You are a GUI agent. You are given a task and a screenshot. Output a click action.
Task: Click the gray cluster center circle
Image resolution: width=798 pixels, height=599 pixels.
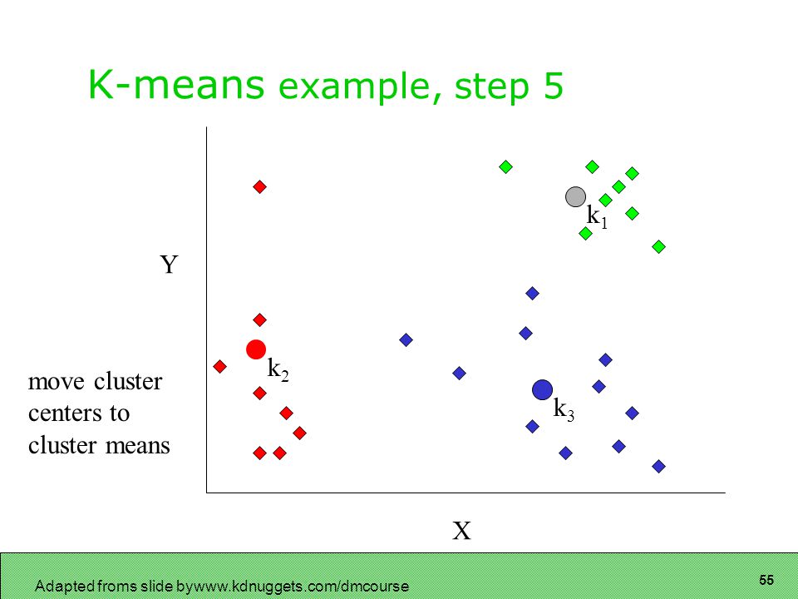pyautogui.click(x=575, y=196)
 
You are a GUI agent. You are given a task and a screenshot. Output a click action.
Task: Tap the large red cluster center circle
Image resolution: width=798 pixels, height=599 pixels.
pyautogui.click(x=256, y=349)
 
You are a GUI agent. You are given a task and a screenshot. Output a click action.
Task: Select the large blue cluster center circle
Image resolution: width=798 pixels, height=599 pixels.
pyautogui.click(x=543, y=389)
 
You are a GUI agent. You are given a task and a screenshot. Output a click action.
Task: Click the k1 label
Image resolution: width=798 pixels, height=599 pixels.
pyautogui.click(x=597, y=216)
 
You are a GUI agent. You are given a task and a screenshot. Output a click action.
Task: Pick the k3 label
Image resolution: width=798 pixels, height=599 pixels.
pyautogui.click(x=564, y=409)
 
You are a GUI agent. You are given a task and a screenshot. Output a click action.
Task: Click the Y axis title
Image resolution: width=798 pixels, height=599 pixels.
pyautogui.click(x=169, y=265)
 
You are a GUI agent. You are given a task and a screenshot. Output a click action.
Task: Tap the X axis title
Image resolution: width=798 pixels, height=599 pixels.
pyautogui.click(x=461, y=531)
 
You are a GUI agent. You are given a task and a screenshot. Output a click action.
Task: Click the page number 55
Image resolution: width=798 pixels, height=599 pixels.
pyautogui.click(x=766, y=580)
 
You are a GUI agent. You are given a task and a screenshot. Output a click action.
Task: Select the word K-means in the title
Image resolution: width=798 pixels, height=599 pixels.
pyautogui.click(x=176, y=85)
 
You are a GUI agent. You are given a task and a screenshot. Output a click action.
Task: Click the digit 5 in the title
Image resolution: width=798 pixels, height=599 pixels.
pyautogui.click(x=554, y=86)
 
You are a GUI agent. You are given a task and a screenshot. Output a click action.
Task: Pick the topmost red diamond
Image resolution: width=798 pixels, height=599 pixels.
pyautogui.click(x=259, y=187)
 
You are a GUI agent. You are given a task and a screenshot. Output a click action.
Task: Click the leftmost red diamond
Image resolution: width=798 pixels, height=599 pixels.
pyautogui.click(x=219, y=366)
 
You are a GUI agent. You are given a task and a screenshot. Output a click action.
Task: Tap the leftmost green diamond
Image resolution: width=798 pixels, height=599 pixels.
pyautogui.click(x=505, y=166)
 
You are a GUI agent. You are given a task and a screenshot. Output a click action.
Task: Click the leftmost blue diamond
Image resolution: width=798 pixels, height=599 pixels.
pyautogui.click(x=406, y=339)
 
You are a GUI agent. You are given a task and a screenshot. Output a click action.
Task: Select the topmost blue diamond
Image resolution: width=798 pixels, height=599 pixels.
pyautogui.click(x=532, y=293)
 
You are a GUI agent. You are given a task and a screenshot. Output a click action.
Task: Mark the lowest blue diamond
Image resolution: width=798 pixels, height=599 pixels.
pyautogui.click(x=658, y=466)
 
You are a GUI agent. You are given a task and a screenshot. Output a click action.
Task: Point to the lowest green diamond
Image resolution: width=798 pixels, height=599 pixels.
pyautogui.click(x=658, y=247)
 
